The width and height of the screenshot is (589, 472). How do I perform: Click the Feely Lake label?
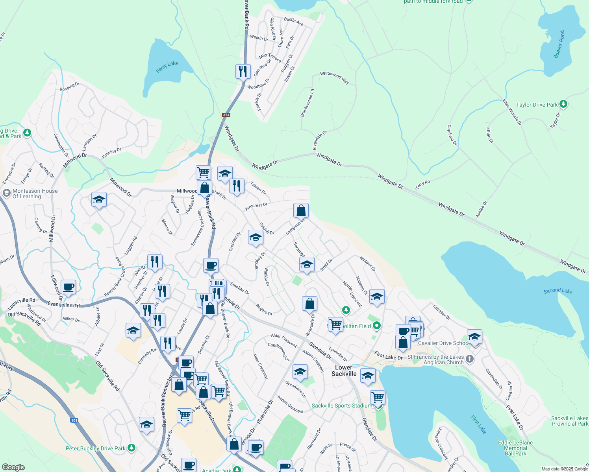point(167,67)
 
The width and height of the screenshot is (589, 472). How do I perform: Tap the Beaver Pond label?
point(559,44)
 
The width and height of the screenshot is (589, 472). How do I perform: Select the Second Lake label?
point(558,291)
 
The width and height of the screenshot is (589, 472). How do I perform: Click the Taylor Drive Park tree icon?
point(563,104)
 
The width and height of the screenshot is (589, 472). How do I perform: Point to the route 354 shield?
point(226,115)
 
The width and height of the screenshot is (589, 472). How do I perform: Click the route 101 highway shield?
point(74,420)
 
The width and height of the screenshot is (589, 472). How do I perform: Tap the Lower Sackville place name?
point(344,371)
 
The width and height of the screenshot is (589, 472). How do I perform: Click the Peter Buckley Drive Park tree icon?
point(132,448)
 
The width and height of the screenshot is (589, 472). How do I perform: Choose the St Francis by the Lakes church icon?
point(469,358)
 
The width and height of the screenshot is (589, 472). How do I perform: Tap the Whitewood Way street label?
point(334,77)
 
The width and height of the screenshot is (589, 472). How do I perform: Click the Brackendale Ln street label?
point(307,103)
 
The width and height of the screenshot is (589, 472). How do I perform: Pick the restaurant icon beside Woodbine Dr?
point(243,71)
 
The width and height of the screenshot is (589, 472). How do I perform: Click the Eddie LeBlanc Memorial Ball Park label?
point(515,448)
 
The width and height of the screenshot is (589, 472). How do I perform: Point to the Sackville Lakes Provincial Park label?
point(569,421)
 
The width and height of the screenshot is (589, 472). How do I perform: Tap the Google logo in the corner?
point(13,467)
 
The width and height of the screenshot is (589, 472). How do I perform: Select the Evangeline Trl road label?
point(63,305)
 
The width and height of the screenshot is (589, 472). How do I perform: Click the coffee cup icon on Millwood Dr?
point(68,287)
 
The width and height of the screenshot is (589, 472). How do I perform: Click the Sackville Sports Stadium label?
point(342,406)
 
